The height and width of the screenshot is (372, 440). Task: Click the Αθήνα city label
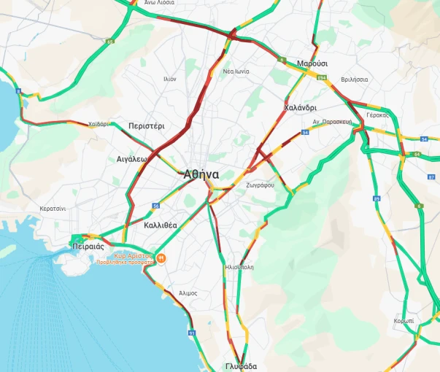tap(202, 174)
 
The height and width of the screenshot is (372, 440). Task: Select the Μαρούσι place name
tap(312, 64)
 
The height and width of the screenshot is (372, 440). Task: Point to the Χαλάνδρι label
tap(299, 108)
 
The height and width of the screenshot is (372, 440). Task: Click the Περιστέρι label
tap(147, 125)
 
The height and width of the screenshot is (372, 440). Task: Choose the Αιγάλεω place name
tap(132, 158)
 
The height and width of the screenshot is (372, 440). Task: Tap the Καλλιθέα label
tap(161, 225)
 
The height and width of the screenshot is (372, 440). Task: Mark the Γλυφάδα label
tap(241, 365)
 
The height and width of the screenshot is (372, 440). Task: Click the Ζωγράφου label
tap(260, 185)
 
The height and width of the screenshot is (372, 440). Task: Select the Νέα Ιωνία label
tap(236, 71)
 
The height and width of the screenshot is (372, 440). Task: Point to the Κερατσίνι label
tap(53, 209)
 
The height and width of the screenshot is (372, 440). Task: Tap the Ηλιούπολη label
tap(239, 267)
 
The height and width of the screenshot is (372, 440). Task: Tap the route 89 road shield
tap(377, 198)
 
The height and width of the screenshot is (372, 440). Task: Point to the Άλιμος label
tap(188, 292)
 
